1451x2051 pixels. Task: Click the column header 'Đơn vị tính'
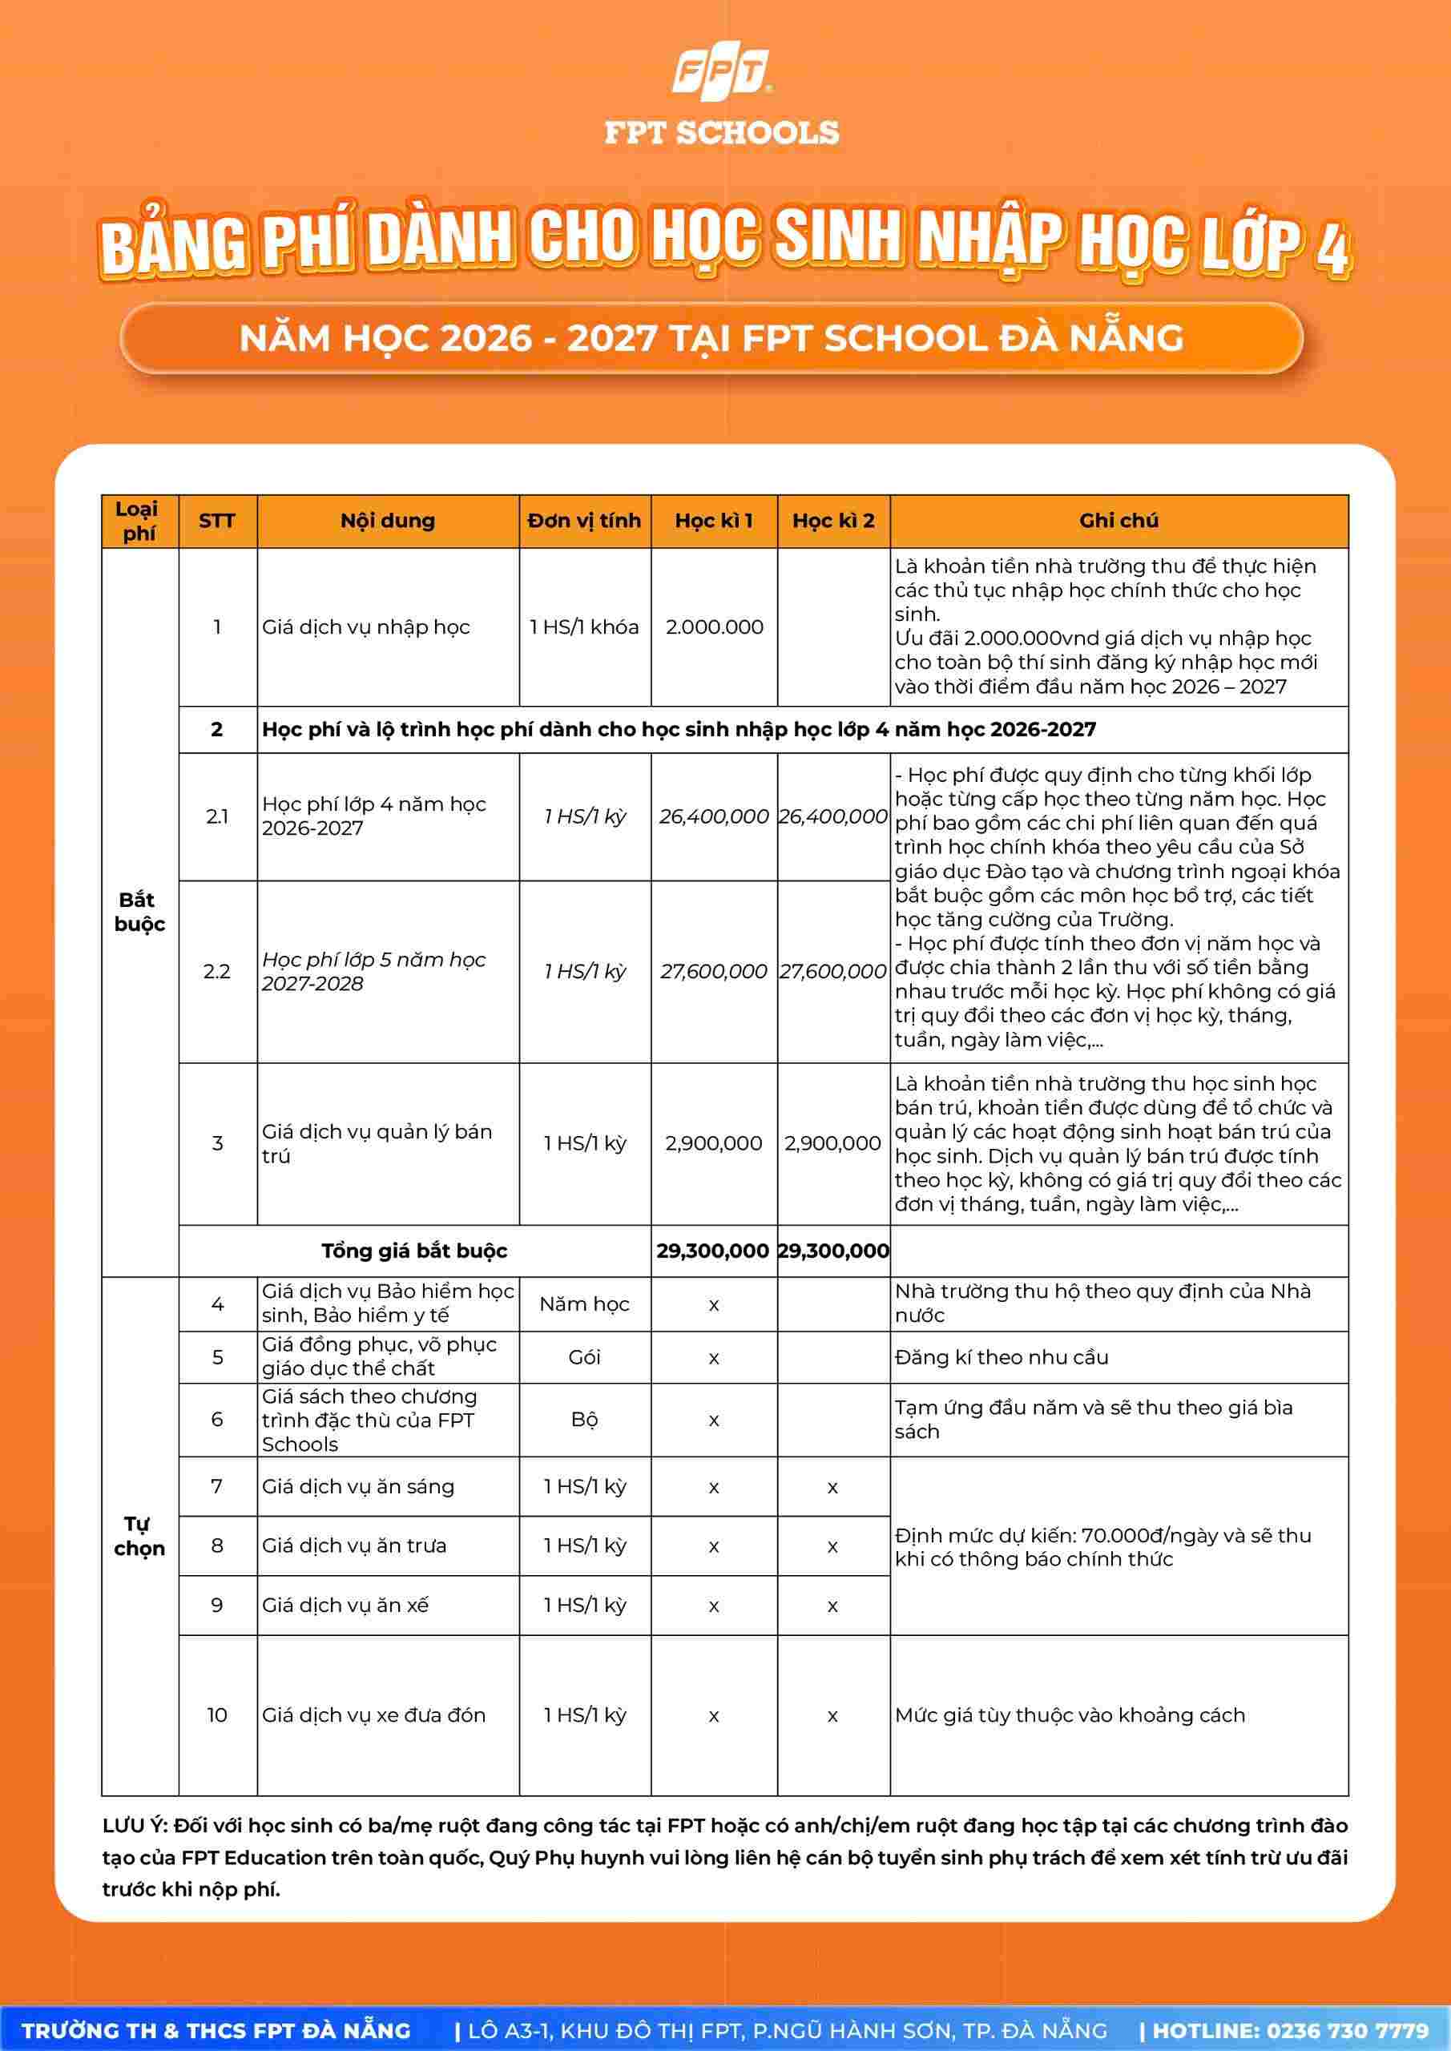pyautogui.click(x=584, y=521)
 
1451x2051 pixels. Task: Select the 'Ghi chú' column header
pyautogui.click(x=1118, y=521)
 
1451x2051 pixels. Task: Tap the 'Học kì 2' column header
pyautogui.click(x=832, y=521)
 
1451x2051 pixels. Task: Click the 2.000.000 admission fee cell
pyautogui.click(x=714, y=627)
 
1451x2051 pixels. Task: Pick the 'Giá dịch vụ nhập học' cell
pyautogui.click(x=365, y=627)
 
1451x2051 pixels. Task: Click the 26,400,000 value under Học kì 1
pyautogui.click(x=714, y=816)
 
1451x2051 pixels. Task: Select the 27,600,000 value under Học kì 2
pyautogui.click(x=832, y=971)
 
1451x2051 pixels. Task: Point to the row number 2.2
pyautogui.click(x=217, y=971)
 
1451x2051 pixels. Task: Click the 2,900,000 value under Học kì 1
pyautogui.click(x=714, y=1143)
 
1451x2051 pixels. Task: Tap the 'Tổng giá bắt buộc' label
pyautogui.click(x=413, y=1251)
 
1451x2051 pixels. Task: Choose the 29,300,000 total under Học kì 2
pyautogui.click(x=832, y=1251)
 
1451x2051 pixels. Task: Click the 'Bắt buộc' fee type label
pyautogui.click(x=139, y=912)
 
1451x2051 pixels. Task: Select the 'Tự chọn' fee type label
pyautogui.click(x=139, y=1536)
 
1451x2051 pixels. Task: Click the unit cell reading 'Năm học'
pyautogui.click(x=584, y=1304)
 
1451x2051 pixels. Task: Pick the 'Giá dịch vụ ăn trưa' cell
pyautogui.click(x=354, y=1545)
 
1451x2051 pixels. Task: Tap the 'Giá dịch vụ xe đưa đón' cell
pyautogui.click(x=373, y=1715)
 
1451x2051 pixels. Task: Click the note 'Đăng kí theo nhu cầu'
pyautogui.click(x=1002, y=1357)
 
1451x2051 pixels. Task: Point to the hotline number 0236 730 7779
pyautogui.click(x=1348, y=2025)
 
